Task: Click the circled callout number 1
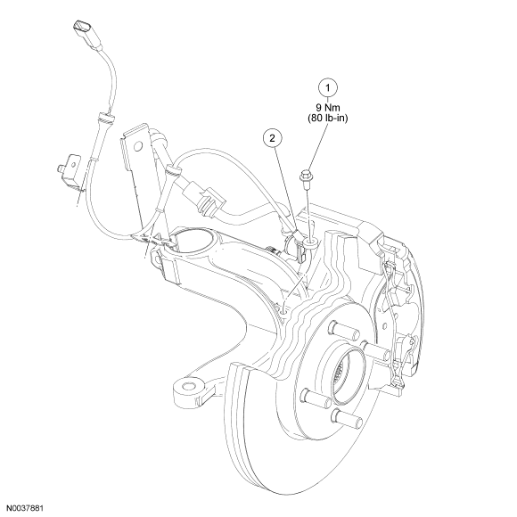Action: pyautogui.click(x=328, y=88)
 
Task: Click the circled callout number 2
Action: pyautogui.click(x=272, y=138)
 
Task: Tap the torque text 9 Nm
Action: pyautogui.click(x=328, y=108)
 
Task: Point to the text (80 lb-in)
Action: pyautogui.click(x=328, y=118)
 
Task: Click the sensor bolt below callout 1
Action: pyautogui.click(x=306, y=178)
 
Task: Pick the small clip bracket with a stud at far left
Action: pyautogui.click(x=70, y=174)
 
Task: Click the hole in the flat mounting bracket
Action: pyautogui.click(x=138, y=145)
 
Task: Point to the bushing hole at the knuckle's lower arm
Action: pyautogui.click(x=190, y=387)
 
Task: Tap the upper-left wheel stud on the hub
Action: pyautogui.click(x=343, y=331)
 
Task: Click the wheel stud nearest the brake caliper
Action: pyautogui.click(x=376, y=350)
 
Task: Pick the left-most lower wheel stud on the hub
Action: pyautogui.click(x=316, y=397)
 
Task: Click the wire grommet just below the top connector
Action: pyautogui.click(x=105, y=118)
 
